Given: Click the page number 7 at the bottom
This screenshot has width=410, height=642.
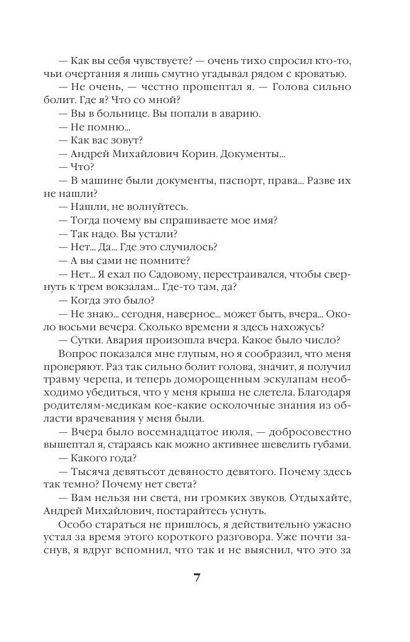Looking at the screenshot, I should point(197,577).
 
